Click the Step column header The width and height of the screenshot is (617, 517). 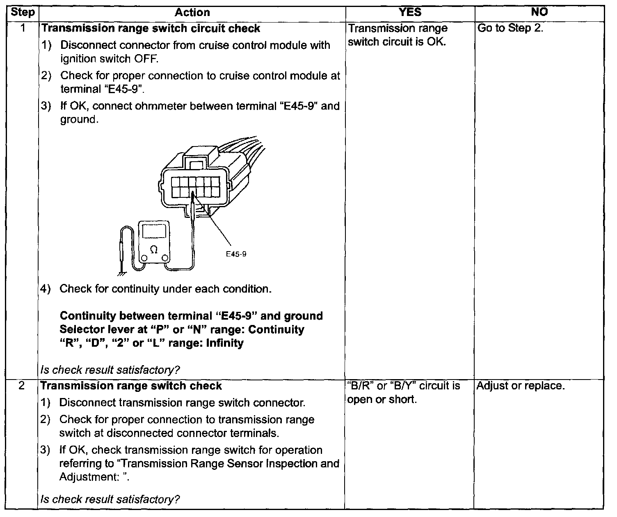click(23, 12)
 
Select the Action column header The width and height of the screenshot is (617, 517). click(192, 12)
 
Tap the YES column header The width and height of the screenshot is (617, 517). click(410, 12)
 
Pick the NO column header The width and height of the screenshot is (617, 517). click(539, 12)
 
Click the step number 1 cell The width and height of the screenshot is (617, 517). click(23, 28)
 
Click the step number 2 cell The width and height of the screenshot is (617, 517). click(23, 386)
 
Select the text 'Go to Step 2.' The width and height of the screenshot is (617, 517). click(510, 28)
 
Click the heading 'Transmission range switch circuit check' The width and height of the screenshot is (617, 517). click(151, 28)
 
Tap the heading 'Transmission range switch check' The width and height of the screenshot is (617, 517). click(132, 386)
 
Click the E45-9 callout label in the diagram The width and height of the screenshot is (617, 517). click(236, 254)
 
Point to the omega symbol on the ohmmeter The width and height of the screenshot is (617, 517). click(154, 249)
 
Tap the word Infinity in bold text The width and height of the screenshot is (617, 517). click(224, 343)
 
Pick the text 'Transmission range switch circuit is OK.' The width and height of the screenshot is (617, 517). click(398, 35)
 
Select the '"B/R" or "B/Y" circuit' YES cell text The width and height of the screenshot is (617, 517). click(404, 393)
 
